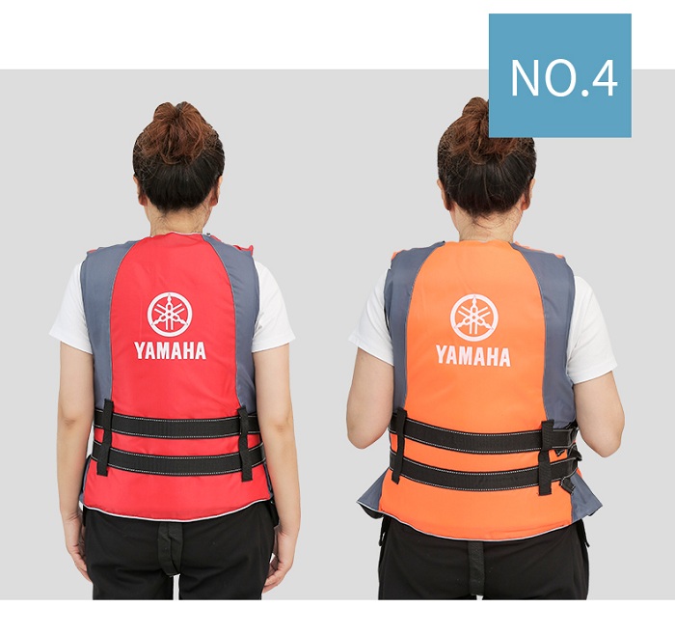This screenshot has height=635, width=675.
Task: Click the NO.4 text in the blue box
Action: tap(564, 77)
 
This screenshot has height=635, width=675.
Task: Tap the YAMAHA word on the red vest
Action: tap(170, 350)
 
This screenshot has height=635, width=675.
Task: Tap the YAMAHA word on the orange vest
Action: tap(473, 356)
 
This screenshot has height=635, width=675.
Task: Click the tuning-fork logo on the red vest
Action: tap(170, 314)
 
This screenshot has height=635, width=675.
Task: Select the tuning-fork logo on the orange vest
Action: tap(473, 317)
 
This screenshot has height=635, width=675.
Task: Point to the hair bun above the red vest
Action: tap(178, 131)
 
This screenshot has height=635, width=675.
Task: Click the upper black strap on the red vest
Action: tap(176, 424)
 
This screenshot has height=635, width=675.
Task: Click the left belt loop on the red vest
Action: tap(105, 437)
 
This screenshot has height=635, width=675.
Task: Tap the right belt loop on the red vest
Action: tap(245, 444)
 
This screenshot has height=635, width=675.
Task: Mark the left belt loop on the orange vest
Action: tap(398, 445)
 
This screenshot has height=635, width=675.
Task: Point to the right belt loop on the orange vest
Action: tap(547, 457)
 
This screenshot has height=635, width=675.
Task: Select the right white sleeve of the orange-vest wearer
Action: tap(590, 333)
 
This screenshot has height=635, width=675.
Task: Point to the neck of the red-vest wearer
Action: tap(177, 223)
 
